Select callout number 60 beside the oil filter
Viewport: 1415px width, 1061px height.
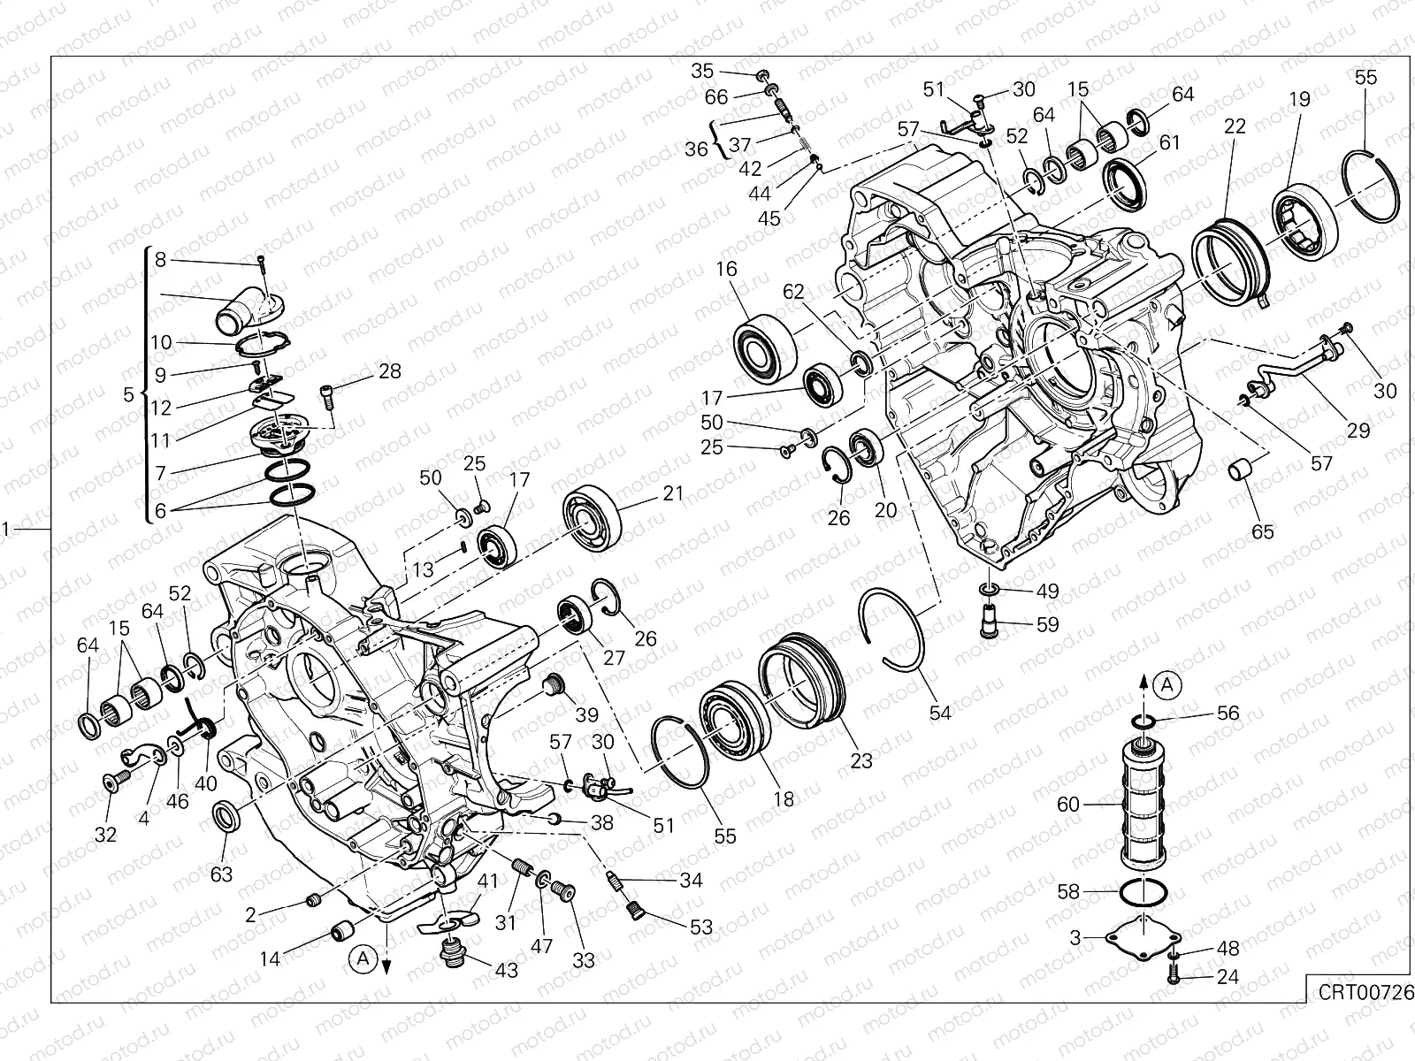pyautogui.click(x=1069, y=805)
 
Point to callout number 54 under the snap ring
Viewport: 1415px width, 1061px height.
pyautogui.click(x=940, y=711)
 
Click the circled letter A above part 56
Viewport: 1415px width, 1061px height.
pyautogui.click(x=1168, y=683)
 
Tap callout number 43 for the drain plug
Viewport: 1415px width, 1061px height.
pyautogui.click(x=506, y=970)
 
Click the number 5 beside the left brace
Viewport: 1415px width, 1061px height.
pyautogui.click(x=128, y=394)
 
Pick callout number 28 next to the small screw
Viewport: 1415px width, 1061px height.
pyautogui.click(x=389, y=371)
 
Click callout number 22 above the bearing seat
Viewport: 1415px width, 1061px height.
pyautogui.click(x=1235, y=126)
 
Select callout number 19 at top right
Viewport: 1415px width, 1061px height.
pyautogui.click(x=1299, y=100)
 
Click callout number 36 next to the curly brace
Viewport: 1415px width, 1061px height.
pyautogui.click(x=697, y=149)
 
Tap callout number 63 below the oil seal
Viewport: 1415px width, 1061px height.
pyautogui.click(x=221, y=874)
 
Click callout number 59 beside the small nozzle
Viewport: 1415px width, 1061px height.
pyautogui.click(x=1047, y=624)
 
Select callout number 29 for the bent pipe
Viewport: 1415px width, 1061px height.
pyautogui.click(x=1358, y=431)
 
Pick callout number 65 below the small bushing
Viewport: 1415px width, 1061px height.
pyautogui.click(x=1263, y=532)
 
